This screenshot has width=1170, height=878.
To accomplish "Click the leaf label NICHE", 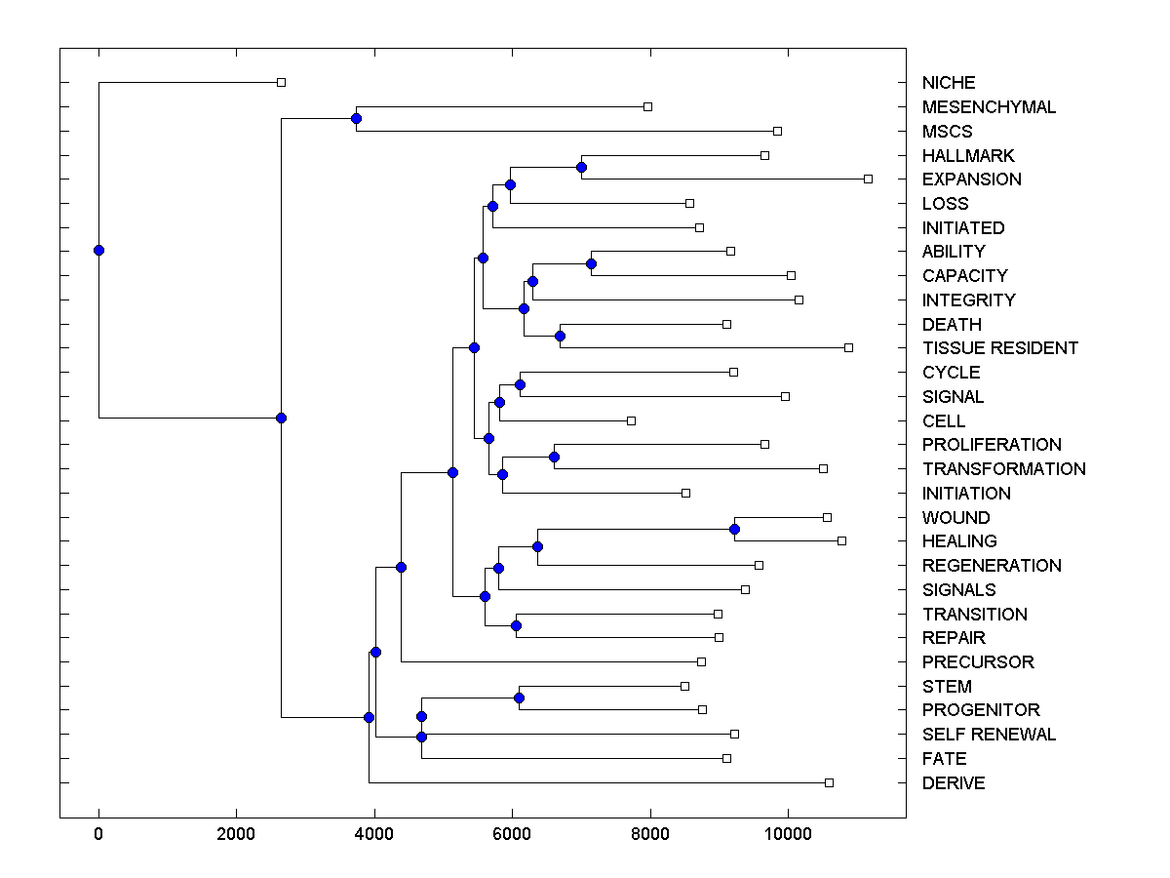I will coord(948,83).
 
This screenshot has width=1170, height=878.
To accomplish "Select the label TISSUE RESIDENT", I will coord(999,348).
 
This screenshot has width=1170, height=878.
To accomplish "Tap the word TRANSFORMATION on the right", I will coord(1003,469).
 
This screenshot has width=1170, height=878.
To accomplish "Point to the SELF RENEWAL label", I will coord(989,735).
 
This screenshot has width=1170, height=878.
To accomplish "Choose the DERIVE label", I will coord(953,783).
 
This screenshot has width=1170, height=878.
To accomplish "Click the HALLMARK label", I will coord(967,156).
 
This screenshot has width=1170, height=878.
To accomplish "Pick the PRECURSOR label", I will coord(977,662).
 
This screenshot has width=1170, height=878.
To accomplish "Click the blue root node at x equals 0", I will coord(98,250).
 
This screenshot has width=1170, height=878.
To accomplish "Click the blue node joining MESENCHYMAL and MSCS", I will coord(356,119).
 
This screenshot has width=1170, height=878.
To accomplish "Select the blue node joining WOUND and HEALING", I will coord(734,529).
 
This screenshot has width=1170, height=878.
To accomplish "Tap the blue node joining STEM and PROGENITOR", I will coord(519,698).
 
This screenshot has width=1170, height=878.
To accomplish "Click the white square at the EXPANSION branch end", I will coord(868,179).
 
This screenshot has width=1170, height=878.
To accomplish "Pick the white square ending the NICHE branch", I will coord(281,82).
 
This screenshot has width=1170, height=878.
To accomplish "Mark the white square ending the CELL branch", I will coord(631,420).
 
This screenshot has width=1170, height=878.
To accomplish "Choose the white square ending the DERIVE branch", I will coord(829,782).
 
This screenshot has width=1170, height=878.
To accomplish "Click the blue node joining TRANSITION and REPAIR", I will coord(516,625).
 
